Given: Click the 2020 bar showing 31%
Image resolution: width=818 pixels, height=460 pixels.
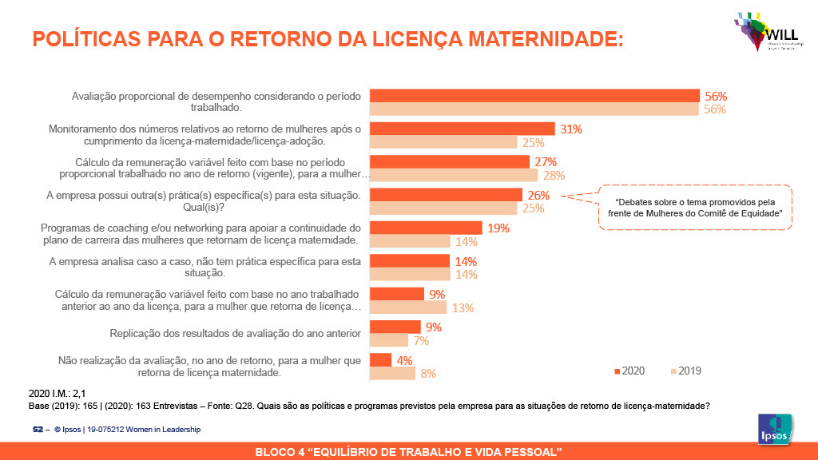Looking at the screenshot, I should (463, 129).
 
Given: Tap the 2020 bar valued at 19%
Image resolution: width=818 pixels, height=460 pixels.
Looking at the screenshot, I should (427, 228).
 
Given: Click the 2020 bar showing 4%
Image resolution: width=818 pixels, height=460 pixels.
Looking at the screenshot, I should (381, 360).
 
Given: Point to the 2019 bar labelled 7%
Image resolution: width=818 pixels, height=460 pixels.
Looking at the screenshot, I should (390, 340).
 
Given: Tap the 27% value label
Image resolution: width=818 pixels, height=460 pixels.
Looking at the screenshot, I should (545, 162).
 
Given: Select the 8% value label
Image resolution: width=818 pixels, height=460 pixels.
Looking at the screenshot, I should (428, 373).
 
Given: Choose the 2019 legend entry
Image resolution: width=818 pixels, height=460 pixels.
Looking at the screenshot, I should (686, 371).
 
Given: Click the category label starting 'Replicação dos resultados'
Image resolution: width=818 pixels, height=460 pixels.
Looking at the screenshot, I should (235, 333).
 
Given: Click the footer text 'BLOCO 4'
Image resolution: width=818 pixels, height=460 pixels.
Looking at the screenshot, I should (408, 453).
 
